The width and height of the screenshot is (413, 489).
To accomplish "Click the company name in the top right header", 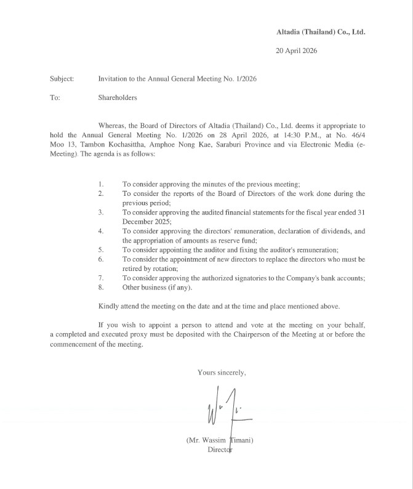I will tap(321, 31).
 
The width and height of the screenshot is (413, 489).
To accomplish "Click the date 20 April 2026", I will tap(297, 51).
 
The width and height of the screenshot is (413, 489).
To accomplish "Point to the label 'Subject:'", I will tap(62, 79).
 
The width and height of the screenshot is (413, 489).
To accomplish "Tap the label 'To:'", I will tap(55, 97).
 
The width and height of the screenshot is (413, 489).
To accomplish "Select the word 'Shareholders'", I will tap(118, 97).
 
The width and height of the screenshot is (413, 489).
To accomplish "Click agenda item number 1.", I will tap(101, 184).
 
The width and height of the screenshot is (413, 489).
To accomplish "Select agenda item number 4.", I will tap(101, 231).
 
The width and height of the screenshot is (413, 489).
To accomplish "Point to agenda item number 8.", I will tap(101, 287).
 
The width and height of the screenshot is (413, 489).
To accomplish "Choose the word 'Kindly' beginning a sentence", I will tap(109, 306).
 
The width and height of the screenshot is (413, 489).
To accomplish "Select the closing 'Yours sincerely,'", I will tap(222, 372).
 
